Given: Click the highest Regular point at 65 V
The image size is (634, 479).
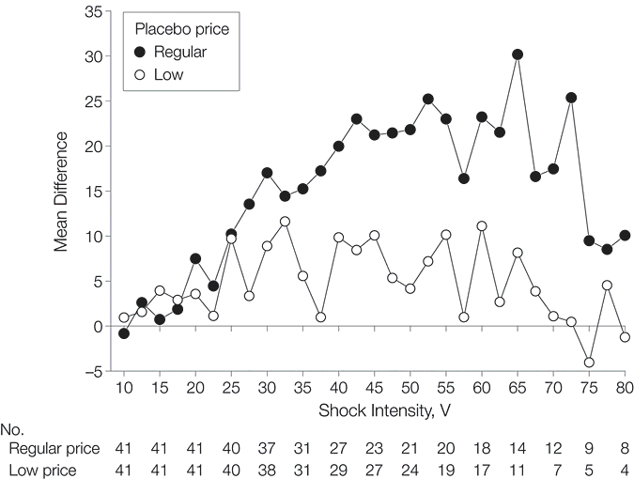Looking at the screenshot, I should pyautogui.click(x=518, y=54).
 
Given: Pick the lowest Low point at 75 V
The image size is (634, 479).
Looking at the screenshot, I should pyautogui.click(x=589, y=363).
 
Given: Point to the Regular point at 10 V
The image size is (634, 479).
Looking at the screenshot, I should pyautogui.click(x=124, y=333).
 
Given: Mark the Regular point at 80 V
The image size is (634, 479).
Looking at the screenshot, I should pyautogui.click(x=625, y=236).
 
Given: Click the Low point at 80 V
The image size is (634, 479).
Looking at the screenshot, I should pyautogui.click(x=625, y=337).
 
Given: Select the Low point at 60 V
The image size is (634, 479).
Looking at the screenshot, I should pyautogui.click(x=482, y=225).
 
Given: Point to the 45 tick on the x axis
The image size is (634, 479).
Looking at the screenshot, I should pyautogui.click(x=374, y=388).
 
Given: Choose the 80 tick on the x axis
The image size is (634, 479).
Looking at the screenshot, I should pyautogui.click(x=625, y=388).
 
